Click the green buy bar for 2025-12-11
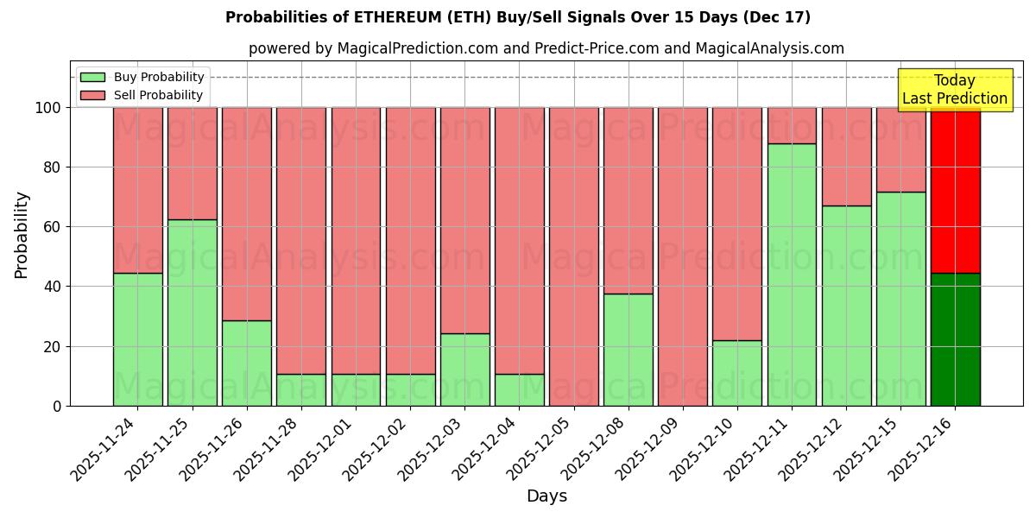792,275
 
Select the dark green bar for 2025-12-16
955,339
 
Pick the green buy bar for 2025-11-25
192,313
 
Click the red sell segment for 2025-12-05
573,256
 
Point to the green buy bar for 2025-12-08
628,350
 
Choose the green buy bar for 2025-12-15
900,299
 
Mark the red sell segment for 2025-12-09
682,256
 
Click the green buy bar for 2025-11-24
137,339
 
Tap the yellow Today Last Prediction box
954,90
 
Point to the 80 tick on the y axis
54,167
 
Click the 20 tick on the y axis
54,346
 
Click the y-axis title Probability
22,234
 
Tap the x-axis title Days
546,496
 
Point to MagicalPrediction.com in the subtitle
417,48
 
